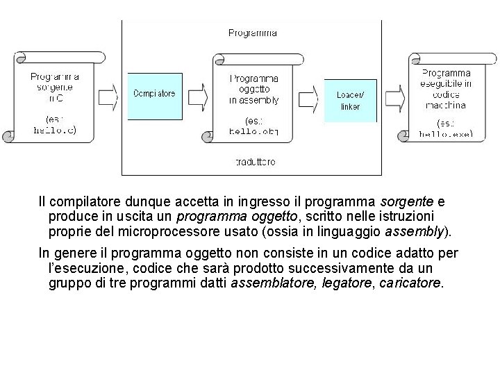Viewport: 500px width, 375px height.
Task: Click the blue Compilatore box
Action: coord(154,94)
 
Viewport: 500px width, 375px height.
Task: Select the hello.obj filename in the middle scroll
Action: coord(253,130)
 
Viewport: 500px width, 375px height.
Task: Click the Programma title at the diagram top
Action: coord(252,33)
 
